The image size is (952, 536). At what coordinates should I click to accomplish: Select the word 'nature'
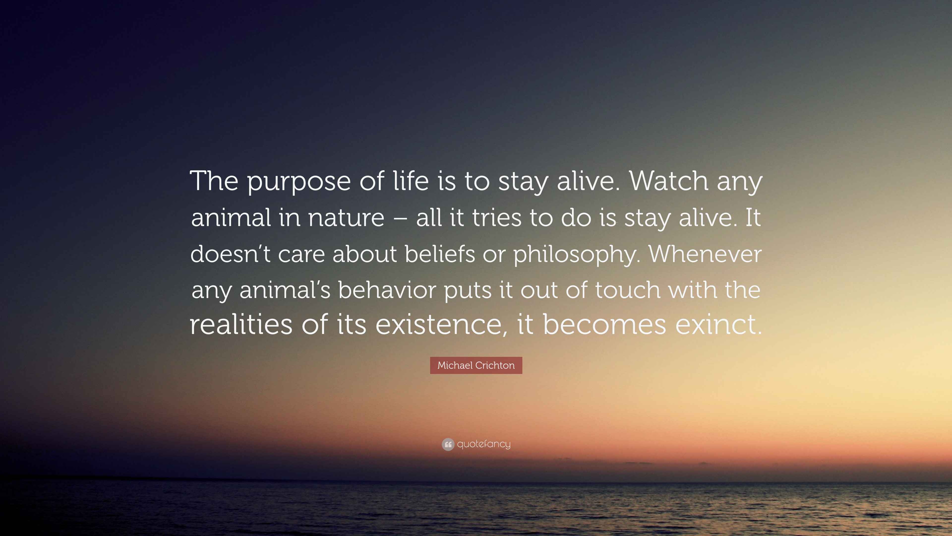coord(346,218)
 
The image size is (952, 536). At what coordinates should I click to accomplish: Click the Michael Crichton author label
coord(476,365)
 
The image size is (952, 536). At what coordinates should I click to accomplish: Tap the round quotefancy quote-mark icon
coord(448,444)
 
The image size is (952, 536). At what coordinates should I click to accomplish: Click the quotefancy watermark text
coord(484,444)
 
